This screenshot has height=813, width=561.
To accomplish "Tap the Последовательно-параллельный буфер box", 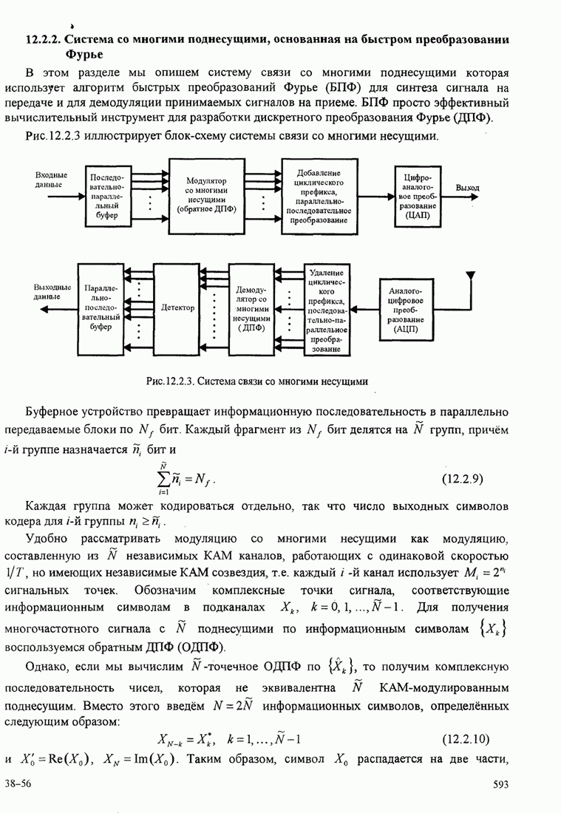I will (108, 197).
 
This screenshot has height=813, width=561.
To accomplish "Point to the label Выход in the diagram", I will (468, 188).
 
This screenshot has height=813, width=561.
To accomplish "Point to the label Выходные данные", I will (52, 291).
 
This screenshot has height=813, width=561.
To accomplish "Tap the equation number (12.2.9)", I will (462, 478).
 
